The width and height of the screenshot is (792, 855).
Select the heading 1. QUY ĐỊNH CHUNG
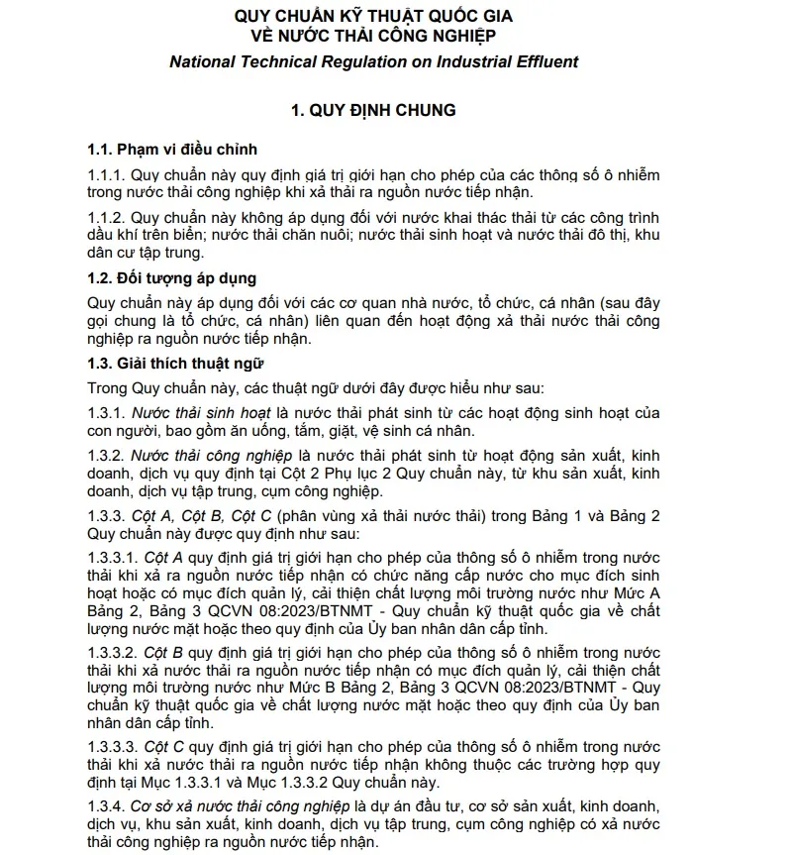point(373,111)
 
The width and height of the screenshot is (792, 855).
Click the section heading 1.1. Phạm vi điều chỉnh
point(172,150)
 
